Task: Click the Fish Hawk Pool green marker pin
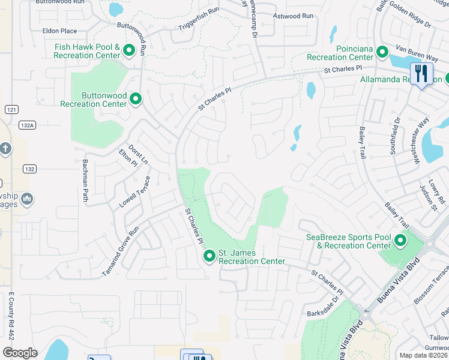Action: coord(128,52)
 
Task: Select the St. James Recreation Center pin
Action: coord(209,256)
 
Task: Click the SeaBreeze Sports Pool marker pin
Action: coord(400,241)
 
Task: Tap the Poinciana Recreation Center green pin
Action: coord(382,53)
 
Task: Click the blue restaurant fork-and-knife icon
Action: coord(421,74)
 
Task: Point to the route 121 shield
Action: coord(11,109)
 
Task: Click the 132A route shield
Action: coord(27,125)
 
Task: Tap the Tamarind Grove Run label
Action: coord(120,251)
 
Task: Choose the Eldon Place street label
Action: coord(59,31)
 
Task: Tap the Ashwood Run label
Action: coord(293,16)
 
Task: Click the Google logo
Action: coord(20,352)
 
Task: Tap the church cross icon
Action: coord(5,148)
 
